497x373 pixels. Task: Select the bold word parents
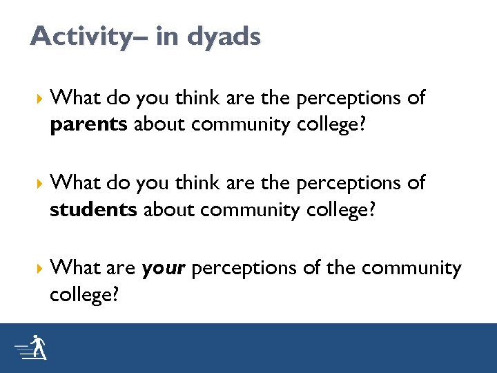[89, 124]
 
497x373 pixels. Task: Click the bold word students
[93, 209]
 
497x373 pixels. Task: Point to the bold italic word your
[163, 269]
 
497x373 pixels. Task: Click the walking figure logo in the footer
[31, 348]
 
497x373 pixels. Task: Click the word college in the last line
[80, 295]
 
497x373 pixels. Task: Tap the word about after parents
[159, 124]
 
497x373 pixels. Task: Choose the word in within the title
[165, 37]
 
